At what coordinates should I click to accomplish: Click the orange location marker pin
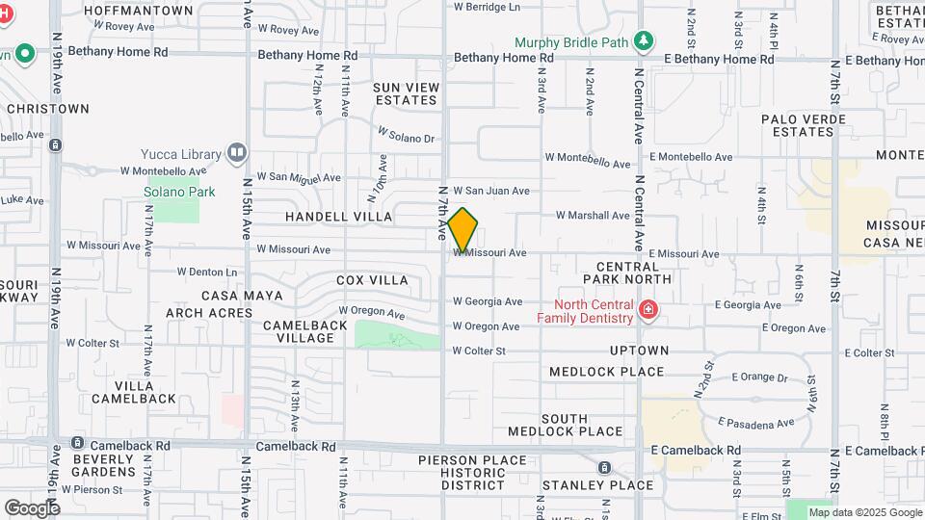coord(462,230)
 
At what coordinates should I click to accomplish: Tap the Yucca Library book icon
coord(236,153)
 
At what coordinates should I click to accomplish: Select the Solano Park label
coord(179,192)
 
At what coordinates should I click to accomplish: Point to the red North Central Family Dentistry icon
coord(648,310)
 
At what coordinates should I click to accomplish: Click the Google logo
coord(32,507)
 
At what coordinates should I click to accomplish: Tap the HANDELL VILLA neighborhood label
coord(338,217)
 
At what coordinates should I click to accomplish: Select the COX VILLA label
coord(372,280)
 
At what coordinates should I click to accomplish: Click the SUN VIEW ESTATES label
coord(406,93)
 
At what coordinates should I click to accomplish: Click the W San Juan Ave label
coord(491,191)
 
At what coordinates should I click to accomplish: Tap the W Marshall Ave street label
coord(592,215)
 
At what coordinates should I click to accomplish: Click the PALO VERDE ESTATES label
coord(803,125)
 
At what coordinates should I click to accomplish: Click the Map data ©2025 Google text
coord(863,512)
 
